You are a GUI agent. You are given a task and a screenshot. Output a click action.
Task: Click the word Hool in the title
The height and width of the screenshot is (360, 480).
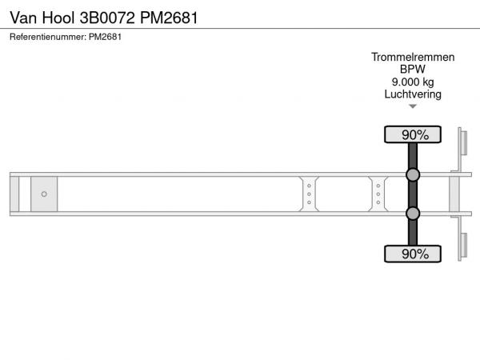tap(58, 18)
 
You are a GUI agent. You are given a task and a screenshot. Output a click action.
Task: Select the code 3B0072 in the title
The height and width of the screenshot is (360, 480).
tap(107, 18)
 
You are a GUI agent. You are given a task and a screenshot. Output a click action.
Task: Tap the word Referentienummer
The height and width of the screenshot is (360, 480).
tap(48, 37)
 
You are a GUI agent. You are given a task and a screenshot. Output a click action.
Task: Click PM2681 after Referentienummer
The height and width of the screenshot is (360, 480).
tap(105, 37)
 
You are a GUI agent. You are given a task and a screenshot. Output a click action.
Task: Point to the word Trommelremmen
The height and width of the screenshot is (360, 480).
tap(413, 58)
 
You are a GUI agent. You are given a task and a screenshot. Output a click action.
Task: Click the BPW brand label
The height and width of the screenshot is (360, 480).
tap(413, 69)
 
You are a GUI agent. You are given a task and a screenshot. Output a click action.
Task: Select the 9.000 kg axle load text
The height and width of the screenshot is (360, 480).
tap(413, 82)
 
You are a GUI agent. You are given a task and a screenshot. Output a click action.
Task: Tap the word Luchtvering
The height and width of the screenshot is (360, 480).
tap(413, 94)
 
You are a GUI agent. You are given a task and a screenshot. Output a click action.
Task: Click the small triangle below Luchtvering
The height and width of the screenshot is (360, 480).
tap(413, 106)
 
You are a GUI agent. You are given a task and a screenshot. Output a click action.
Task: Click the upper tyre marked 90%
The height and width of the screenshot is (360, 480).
tap(413, 134)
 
